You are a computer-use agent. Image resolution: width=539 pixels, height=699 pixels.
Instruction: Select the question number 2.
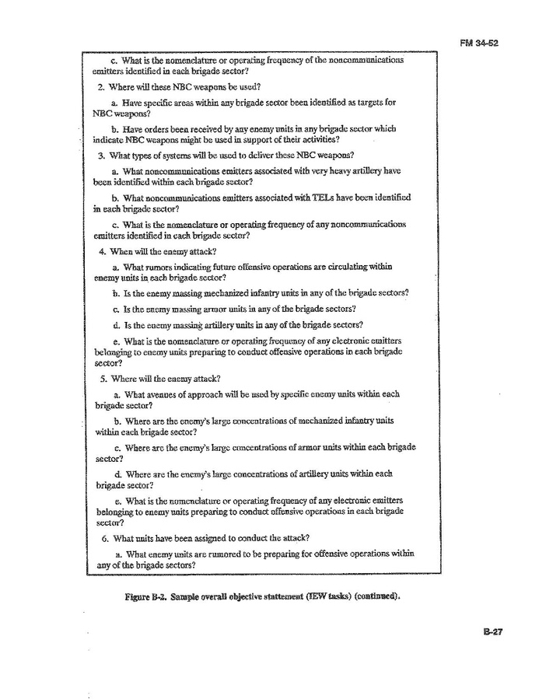pos(102,87)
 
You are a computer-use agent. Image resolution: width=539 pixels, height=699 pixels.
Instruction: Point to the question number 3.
pos(102,156)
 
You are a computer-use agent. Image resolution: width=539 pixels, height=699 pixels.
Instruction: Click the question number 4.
pos(102,251)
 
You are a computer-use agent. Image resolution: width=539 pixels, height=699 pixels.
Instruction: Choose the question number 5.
pos(102,379)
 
